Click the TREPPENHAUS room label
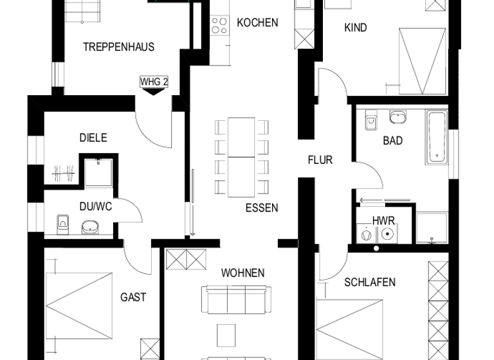(x=118, y=47)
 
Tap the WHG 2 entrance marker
(x=153, y=82)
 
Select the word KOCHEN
(x=257, y=22)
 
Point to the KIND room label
(x=356, y=28)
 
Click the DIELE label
(x=93, y=138)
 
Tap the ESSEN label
(x=262, y=208)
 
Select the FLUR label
(x=320, y=159)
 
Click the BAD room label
(x=392, y=140)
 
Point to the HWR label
(x=384, y=221)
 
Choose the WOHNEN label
(x=242, y=273)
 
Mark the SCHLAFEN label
(x=369, y=282)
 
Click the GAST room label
(x=133, y=297)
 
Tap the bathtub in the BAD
(x=437, y=137)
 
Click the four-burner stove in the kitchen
(x=220, y=24)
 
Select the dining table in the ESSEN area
(x=242, y=157)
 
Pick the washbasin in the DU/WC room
(x=89, y=226)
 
